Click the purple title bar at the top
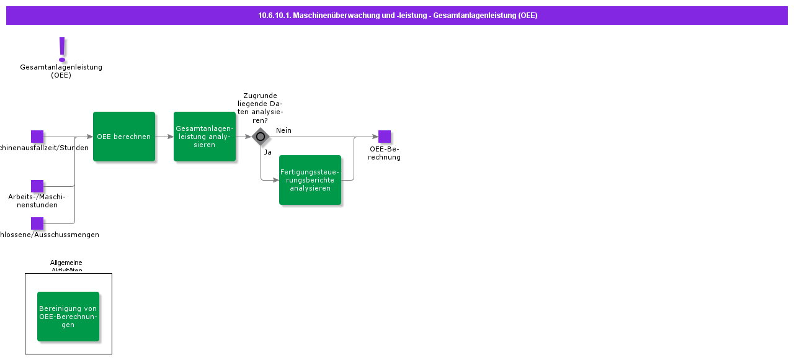click(x=397, y=16)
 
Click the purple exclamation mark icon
click(x=61, y=49)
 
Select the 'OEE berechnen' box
click(x=124, y=137)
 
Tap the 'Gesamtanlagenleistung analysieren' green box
click(x=205, y=137)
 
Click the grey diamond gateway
click(x=261, y=137)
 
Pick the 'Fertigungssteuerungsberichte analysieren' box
click(x=310, y=180)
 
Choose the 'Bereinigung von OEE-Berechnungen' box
click(x=68, y=317)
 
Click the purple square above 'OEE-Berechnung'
click(x=385, y=137)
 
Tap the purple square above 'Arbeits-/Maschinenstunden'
click(x=37, y=186)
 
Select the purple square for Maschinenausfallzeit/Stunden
click(x=37, y=137)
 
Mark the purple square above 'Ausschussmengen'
click(x=37, y=223)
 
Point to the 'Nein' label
click(x=283, y=130)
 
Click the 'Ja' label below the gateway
click(x=267, y=152)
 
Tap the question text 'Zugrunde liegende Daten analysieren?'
click(x=261, y=108)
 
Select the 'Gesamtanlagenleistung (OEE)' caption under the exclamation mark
click(x=61, y=71)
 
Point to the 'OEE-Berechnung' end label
click(x=385, y=153)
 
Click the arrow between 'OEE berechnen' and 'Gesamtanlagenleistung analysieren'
click(x=164, y=137)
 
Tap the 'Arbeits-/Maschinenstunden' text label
click(x=37, y=200)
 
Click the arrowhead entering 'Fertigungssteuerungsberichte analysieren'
click(x=275, y=180)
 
